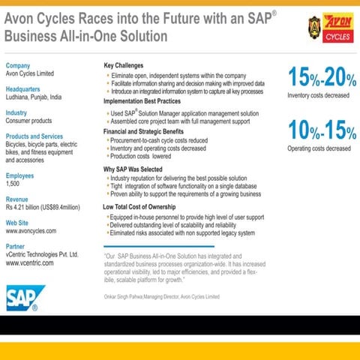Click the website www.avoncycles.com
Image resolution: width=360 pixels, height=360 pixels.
pos(33,231)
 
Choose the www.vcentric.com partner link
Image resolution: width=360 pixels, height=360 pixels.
pos(32,264)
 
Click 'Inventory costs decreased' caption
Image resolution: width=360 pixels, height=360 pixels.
pos(318,95)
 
